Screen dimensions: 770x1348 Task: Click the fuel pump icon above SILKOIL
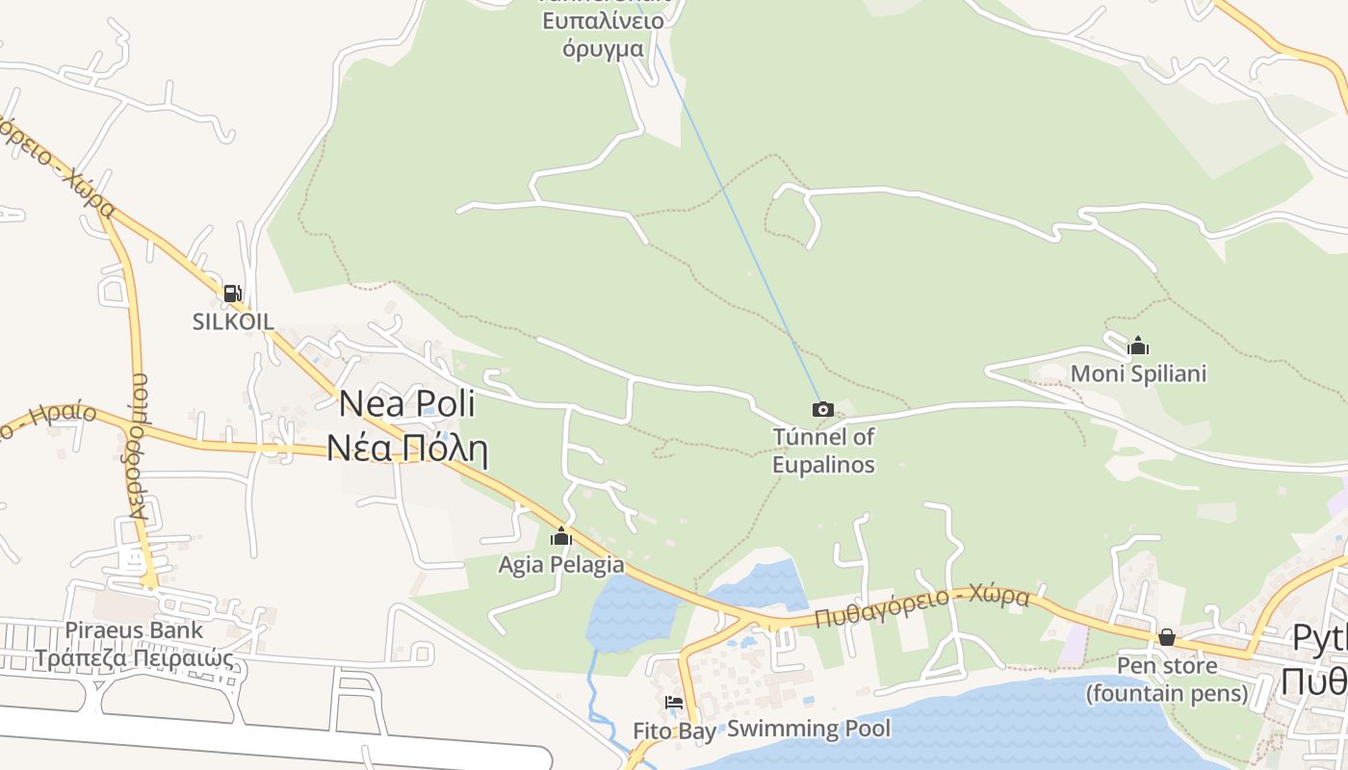[x=232, y=294]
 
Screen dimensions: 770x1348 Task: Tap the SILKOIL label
[x=233, y=321]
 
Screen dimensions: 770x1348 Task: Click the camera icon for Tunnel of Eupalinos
[x=822, y=410]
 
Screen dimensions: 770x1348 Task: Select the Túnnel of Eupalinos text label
[x=823, y=450]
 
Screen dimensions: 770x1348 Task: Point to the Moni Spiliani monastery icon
[x=1138, y=346]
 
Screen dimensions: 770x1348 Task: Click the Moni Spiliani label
[x=1138, y=372]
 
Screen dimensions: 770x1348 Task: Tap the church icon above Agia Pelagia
[x=560, y=537]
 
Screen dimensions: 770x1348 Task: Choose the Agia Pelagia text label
[x=560, y=565]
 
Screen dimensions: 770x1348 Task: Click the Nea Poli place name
[x=407, y=404]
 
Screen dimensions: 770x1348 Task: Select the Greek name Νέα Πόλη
[x=407, y=449]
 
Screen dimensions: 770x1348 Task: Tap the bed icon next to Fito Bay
[x=674, y=703]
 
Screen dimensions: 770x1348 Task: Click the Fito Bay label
[x=674, y=731]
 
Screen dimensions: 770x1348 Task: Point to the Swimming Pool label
[x=809, y=729]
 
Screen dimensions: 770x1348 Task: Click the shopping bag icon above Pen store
[x=1166, y=637]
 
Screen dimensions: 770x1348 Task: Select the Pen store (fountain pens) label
[x=1166, y=679]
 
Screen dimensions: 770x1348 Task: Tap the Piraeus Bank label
[x=134, y=630]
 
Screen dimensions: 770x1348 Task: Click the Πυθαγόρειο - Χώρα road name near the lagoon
[x=921, y=607]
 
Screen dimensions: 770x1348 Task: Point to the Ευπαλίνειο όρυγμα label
[x=603, y=35]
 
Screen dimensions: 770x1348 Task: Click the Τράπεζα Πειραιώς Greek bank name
[x=134, y=659]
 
